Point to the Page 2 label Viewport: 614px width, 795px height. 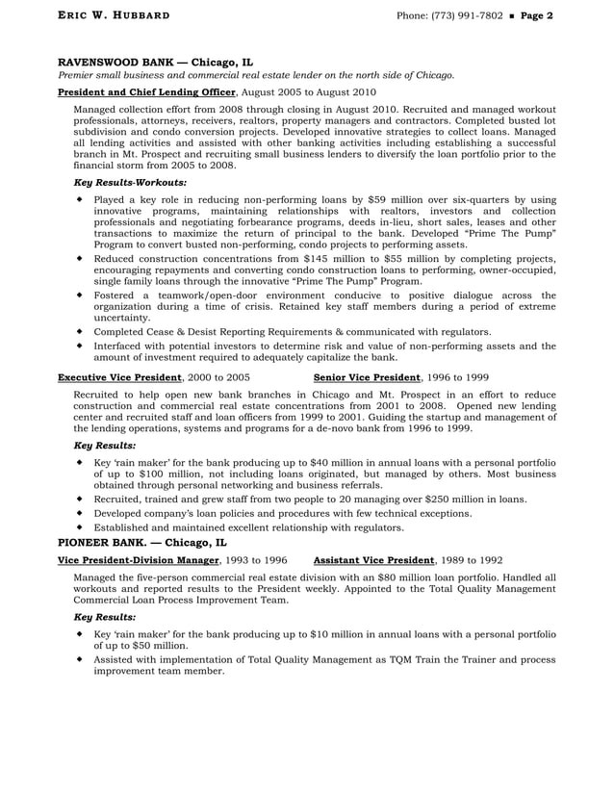coord(536,16)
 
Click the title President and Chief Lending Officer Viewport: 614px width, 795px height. coord(146,92)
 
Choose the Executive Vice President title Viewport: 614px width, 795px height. coord(119,377)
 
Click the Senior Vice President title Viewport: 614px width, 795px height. coord(367,377)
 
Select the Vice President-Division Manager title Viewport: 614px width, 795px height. coord(139,559)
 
